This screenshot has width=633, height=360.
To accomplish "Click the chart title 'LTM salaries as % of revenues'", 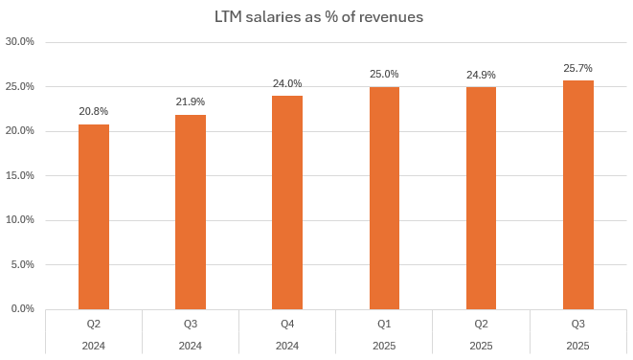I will tap(316, 16).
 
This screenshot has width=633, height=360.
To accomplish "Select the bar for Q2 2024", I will tap(94, 216).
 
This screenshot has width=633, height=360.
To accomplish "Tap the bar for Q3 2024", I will tap(191, 212).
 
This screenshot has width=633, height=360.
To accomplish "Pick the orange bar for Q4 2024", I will tap(287, 202).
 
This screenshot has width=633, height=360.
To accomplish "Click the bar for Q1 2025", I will tap(384, 198).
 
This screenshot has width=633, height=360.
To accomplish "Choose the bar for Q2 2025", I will tap(481, 198).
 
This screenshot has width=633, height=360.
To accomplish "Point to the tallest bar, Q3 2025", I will tap(577, 194).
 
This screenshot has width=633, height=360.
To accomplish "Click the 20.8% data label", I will tap(94, 111).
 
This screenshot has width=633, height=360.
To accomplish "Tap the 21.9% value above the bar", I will tap(191, 101).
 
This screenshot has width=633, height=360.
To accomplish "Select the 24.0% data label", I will tap(287, 82).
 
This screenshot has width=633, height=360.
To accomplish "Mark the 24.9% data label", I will tap(481, 75).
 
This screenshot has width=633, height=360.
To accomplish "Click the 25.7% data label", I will tap(577, 68).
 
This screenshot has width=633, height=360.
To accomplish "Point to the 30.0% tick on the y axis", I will tap(20, 42).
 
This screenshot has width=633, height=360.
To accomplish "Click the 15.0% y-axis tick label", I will tap(20, 175).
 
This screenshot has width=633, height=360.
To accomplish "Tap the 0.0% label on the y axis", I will tap(22, 308).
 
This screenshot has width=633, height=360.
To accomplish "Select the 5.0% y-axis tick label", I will tap(22, 264).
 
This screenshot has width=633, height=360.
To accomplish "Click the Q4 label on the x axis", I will tap(287, 324).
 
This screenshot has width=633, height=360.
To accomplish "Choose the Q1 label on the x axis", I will tap(384, 324).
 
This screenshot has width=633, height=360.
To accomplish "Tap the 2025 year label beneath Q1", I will tap(384, 346).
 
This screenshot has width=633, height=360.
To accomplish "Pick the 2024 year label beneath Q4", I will tap(287, 346).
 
